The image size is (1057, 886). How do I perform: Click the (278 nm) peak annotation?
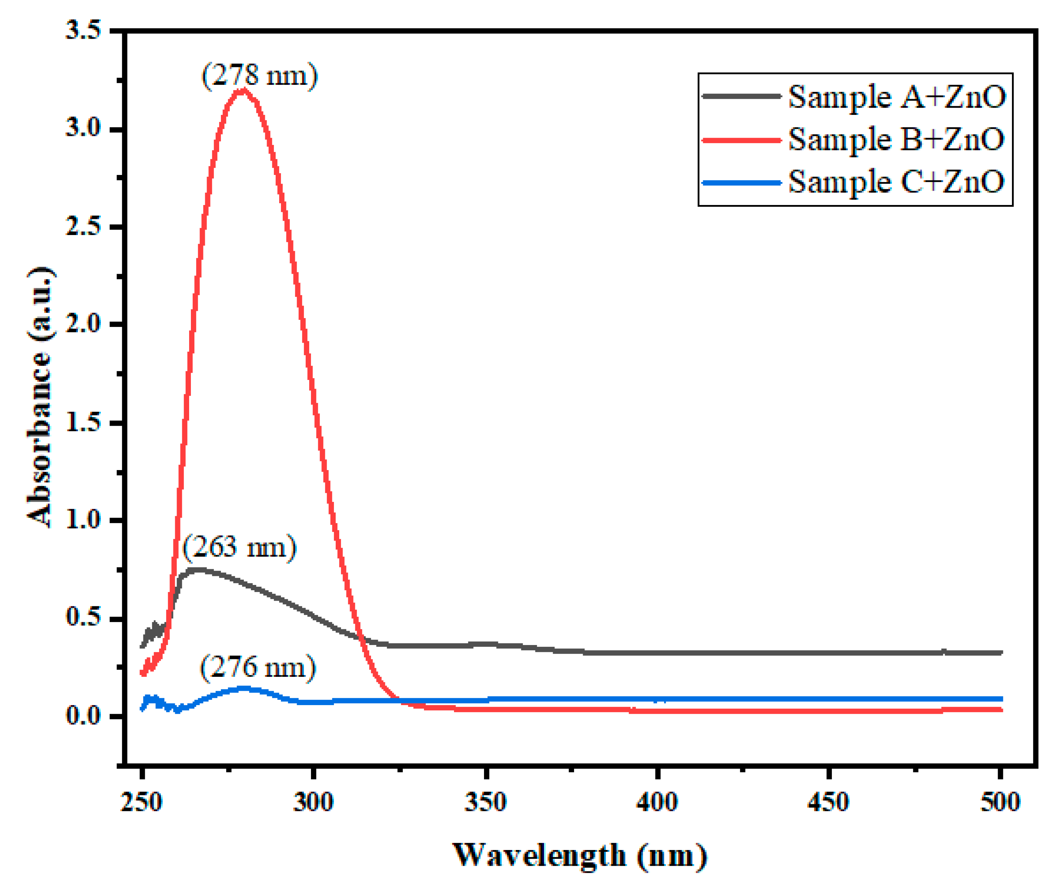point(260,76)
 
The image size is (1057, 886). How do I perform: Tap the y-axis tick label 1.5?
point(83,422)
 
